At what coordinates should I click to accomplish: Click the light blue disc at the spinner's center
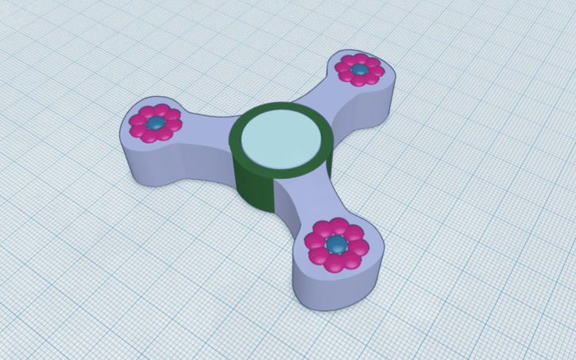pos(281,140)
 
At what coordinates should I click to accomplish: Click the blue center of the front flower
pos(337,243)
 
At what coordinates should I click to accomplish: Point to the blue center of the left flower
pos(155,123)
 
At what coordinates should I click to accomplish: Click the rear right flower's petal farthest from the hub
pos(373,64)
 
